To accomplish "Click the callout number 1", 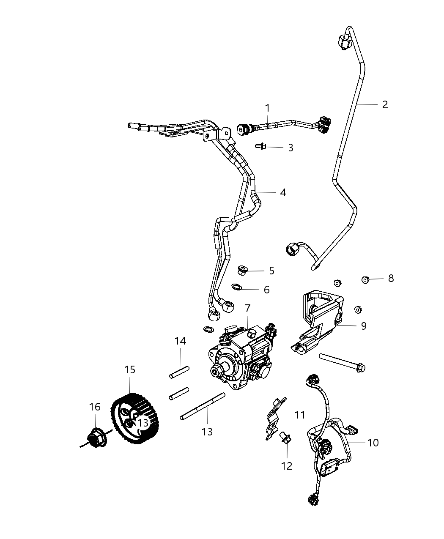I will pos(267,108).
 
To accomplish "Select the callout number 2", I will pos(385,104).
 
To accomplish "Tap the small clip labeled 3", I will pos(262,146).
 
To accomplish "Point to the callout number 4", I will pos(283,192).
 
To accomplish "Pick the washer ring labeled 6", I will pos(237,287).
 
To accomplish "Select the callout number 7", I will pos(247,308).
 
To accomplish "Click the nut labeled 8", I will pos(366,279).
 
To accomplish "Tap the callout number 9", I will pos(364,326).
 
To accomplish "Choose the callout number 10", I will pos(373,443).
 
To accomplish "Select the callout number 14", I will pos(181,341).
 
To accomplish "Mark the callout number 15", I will pos(130,369).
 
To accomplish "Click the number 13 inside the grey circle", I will pos(143,422).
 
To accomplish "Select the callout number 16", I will pos(95,407).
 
